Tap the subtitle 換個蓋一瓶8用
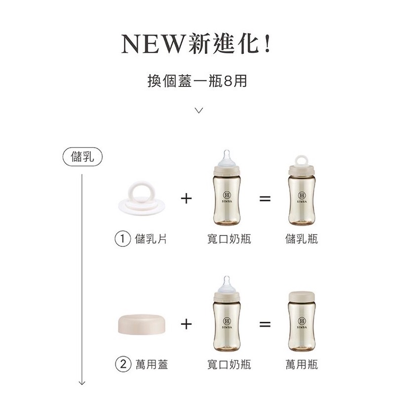(197, 81)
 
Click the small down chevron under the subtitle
(199, 110)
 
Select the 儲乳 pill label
(82, 157)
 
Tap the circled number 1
(122, 238)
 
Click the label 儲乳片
(151, 238)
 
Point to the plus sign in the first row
(186, 198)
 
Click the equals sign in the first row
(265, 198)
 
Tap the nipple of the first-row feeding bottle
(227, 158)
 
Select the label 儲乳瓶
(302, 238)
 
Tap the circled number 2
(123, 364)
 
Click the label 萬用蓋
(152, 364)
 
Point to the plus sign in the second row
(186, 324)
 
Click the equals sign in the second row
(265, 324)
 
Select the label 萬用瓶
(302, 364)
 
